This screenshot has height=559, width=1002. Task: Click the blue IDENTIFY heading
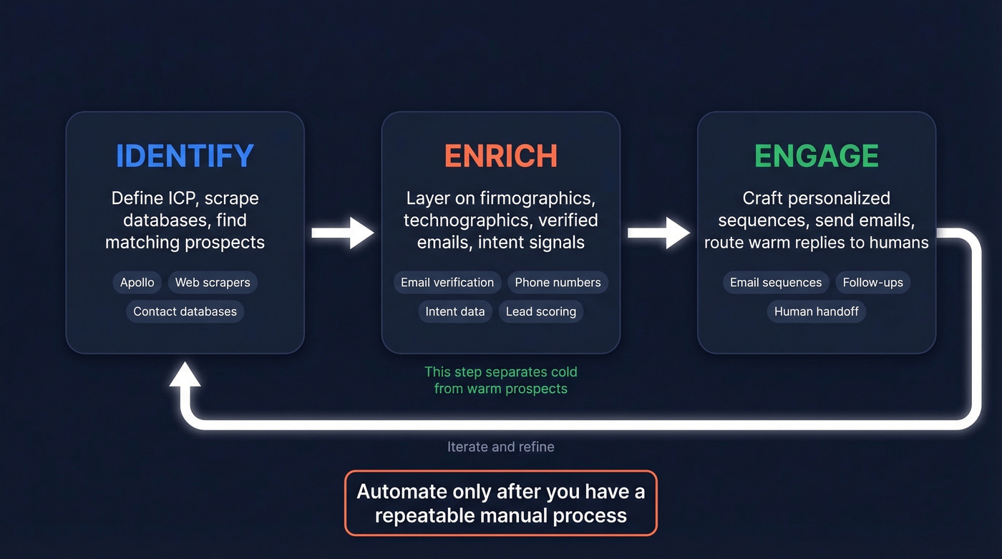point(185,156)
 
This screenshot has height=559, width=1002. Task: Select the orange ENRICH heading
point(500,156)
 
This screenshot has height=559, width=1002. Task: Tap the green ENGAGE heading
point(816,156)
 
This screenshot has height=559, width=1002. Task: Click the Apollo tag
point(137,282)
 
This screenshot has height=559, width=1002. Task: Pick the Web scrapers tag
point(213,282)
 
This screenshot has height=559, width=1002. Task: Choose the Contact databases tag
point(185,311)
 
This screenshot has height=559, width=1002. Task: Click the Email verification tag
point(447,282)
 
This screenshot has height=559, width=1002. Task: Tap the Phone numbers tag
point(558,282)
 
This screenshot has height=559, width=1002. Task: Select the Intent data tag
point(454,311)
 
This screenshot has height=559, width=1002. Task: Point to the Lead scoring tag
point(540,311)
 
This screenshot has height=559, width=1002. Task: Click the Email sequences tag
point(775,282)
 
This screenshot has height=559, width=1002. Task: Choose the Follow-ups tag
point(872,282)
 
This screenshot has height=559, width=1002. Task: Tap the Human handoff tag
point(816,311)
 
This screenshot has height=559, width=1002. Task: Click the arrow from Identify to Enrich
point(343,233)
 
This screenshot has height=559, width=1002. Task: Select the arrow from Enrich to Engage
point(658,233)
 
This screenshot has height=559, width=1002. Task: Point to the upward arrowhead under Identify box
point(185,374)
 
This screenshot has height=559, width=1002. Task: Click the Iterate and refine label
point(500,447)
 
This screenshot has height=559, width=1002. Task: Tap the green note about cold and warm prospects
point(500,380)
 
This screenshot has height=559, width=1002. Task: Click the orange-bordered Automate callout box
point(500,503)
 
